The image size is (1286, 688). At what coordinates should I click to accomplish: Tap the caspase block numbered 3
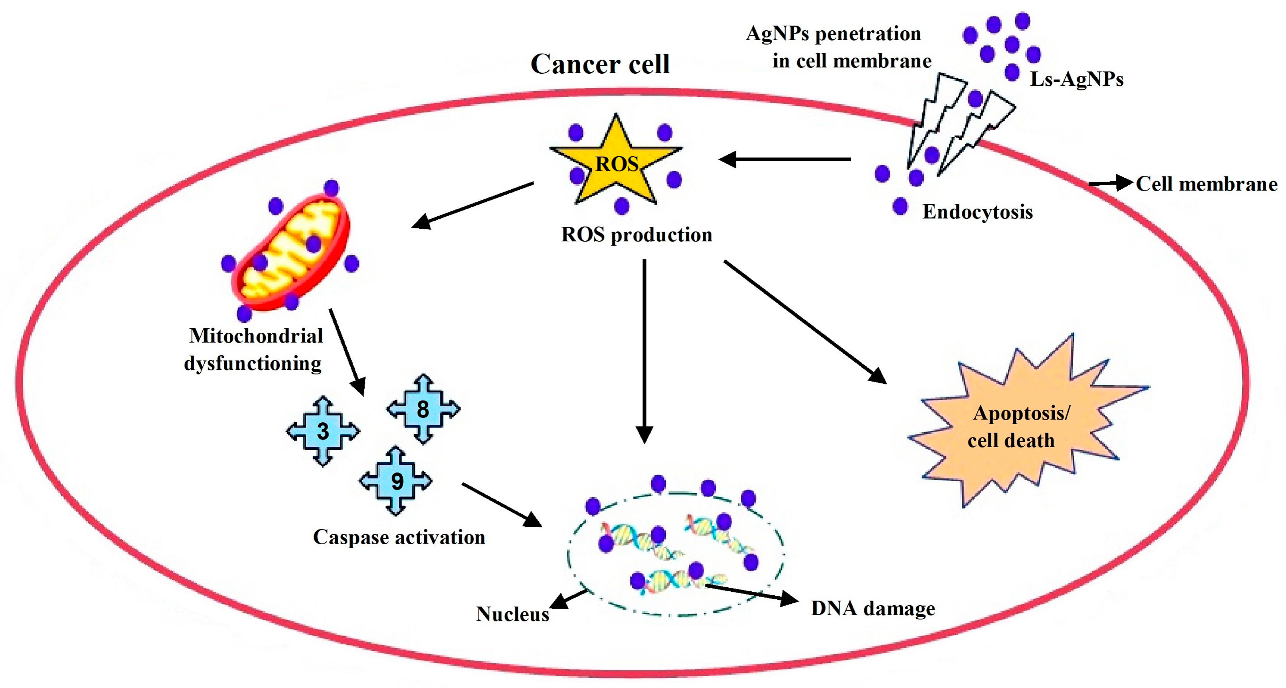[323, 431]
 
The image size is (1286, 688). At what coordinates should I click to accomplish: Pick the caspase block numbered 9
[396, 481]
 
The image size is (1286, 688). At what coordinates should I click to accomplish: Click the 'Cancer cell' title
[600, 64]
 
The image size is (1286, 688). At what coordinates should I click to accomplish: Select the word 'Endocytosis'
[977, 212]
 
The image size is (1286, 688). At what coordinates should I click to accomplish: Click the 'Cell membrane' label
[1206, 184]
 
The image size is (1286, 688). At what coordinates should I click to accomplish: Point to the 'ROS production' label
[636, 235]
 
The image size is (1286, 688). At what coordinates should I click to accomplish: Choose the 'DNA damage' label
[873, 608]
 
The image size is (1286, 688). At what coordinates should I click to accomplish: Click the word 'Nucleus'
[512, 614]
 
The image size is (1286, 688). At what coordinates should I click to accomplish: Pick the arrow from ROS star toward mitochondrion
[472, 205]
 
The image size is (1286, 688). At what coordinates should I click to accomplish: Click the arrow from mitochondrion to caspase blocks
[347, 352]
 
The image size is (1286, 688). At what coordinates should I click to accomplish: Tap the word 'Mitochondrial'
[256, 336]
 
